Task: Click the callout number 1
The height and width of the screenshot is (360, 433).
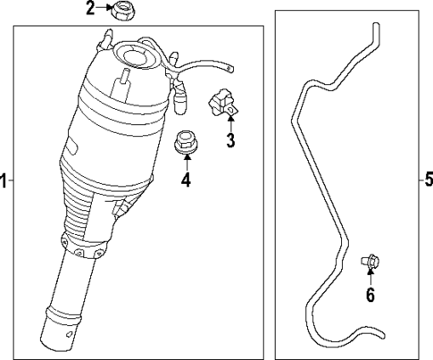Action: [x=4, y=180]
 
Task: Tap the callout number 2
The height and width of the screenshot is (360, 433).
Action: [x=90, y=10]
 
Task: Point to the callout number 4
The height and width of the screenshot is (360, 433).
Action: [x=186, y=180]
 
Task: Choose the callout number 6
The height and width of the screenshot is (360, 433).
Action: [x=369, y=294]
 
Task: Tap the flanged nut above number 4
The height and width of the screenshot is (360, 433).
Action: [x=185, y=142]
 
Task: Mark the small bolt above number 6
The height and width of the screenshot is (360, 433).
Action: [x=367, y=261]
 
